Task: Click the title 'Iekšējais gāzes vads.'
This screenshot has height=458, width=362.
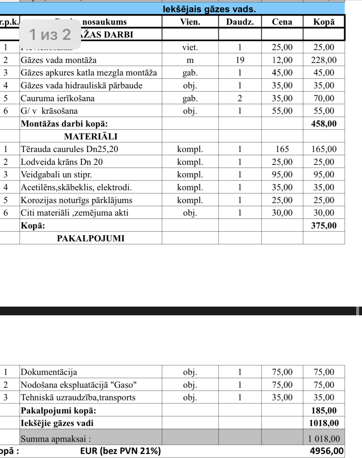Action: click(x=209, y=9)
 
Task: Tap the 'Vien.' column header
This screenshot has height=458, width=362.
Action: click(x=190, y=22)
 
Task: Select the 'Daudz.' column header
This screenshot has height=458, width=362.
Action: click(x=240, y=22)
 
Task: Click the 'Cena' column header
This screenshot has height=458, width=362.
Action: click(x=282, y=22)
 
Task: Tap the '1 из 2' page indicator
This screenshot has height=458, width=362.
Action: click(x=50, y=34)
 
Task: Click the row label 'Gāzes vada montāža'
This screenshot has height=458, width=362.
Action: click(x=59, y=60)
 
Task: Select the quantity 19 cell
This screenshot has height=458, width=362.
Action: click(x=240, y=60)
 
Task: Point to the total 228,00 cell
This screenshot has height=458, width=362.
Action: click(x=324, y=60)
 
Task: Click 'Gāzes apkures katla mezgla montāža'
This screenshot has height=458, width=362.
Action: click(x=89, y=73)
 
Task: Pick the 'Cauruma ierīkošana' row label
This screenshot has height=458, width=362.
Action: click(x=58, y=98)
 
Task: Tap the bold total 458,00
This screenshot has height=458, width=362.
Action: click(x=324, y=124)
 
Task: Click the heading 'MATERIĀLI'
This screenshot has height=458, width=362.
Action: click(x=91, y=137)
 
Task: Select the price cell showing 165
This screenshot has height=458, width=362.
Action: click(x=282, y=149)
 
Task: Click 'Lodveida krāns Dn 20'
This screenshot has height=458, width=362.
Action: click(x=62, y=162)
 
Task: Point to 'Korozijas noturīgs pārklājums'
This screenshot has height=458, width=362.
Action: click(x=77, y=200)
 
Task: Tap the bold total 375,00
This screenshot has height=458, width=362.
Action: click(x=324, y=226)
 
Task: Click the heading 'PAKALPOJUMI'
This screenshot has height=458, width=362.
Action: click(x=91, y=238)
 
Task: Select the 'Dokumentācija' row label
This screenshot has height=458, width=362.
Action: click(x=49, y=372)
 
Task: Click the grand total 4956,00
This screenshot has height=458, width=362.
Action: click(x=327, y=451)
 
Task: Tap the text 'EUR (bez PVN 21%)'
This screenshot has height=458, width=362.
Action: click(x=120, y=451)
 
